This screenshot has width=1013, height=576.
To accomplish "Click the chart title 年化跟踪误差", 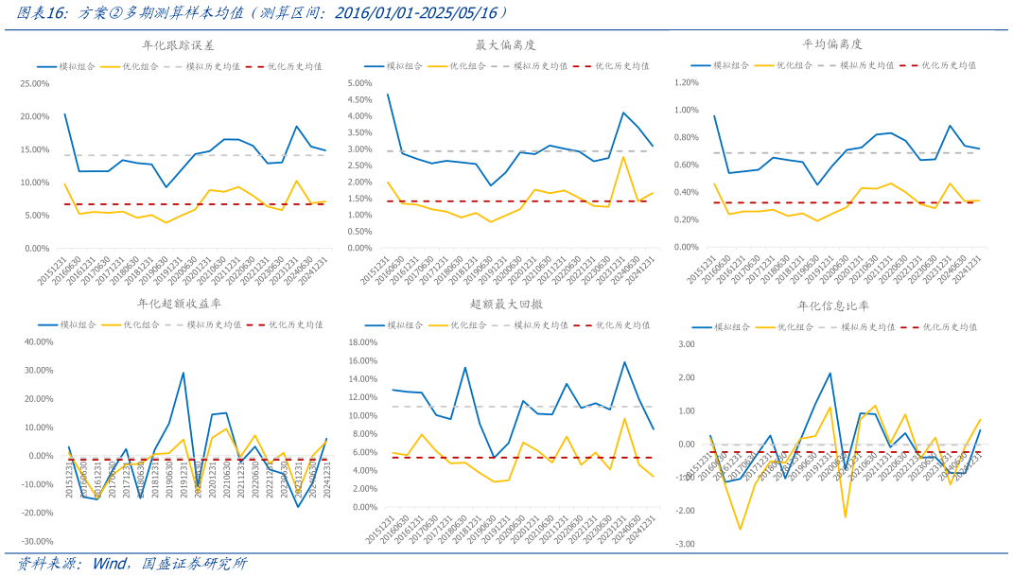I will (x=177, y=44).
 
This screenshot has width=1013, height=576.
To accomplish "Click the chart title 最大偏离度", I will (x=505, y=44).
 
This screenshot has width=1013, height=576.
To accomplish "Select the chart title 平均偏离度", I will (x=833, y=44).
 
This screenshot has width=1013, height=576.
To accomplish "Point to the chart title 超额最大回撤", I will (x=506, y=304).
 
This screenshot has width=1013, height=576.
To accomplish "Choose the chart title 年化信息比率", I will (x=833, y=306).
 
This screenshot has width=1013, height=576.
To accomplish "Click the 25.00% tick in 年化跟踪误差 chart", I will (x=35, y=84).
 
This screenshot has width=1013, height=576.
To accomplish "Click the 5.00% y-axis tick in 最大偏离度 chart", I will (x=363, y=84).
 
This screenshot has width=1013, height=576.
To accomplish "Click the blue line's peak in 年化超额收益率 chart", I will (x=183, y=373).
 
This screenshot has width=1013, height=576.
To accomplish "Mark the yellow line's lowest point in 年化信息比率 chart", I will (x=740, y=529).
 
